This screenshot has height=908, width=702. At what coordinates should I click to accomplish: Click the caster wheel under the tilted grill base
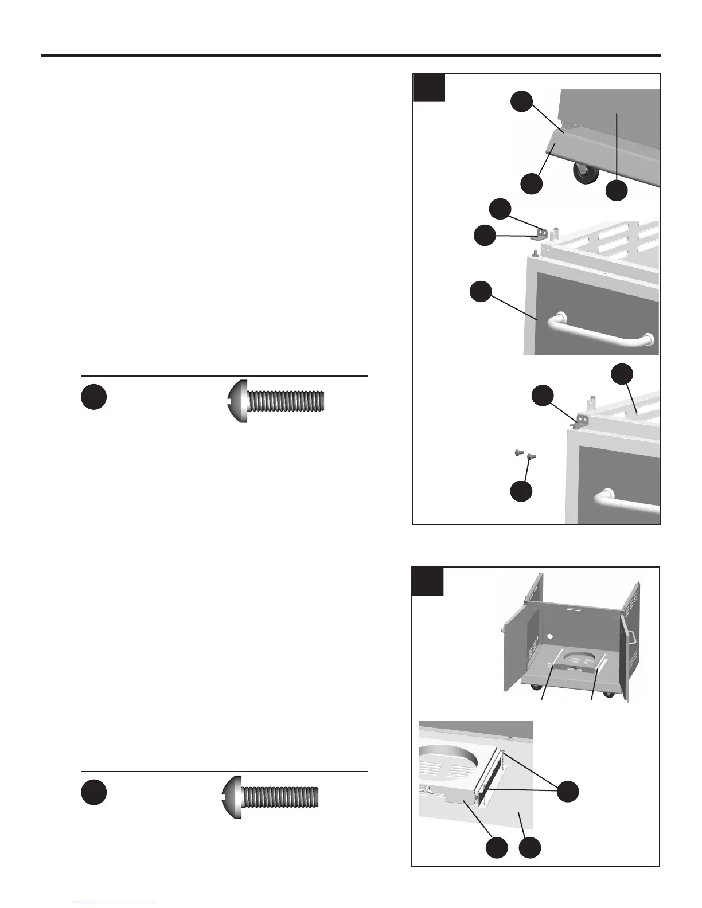click(x=583, y=174)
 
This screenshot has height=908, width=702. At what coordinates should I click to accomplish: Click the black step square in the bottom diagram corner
click(x=428, y=581)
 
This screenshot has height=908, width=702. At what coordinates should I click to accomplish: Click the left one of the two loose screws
click(x=517, y=452)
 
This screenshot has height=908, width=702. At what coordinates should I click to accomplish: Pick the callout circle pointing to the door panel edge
click(x=481, y=291)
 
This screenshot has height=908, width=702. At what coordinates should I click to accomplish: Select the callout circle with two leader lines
click(x=567, y=791)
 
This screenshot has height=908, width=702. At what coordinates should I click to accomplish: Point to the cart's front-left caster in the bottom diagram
click(x=535, y=687)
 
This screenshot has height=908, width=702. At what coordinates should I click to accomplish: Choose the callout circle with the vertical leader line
click(x=617, y=190)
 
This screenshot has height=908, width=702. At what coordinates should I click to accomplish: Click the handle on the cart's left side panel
click(x=502, y=629)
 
